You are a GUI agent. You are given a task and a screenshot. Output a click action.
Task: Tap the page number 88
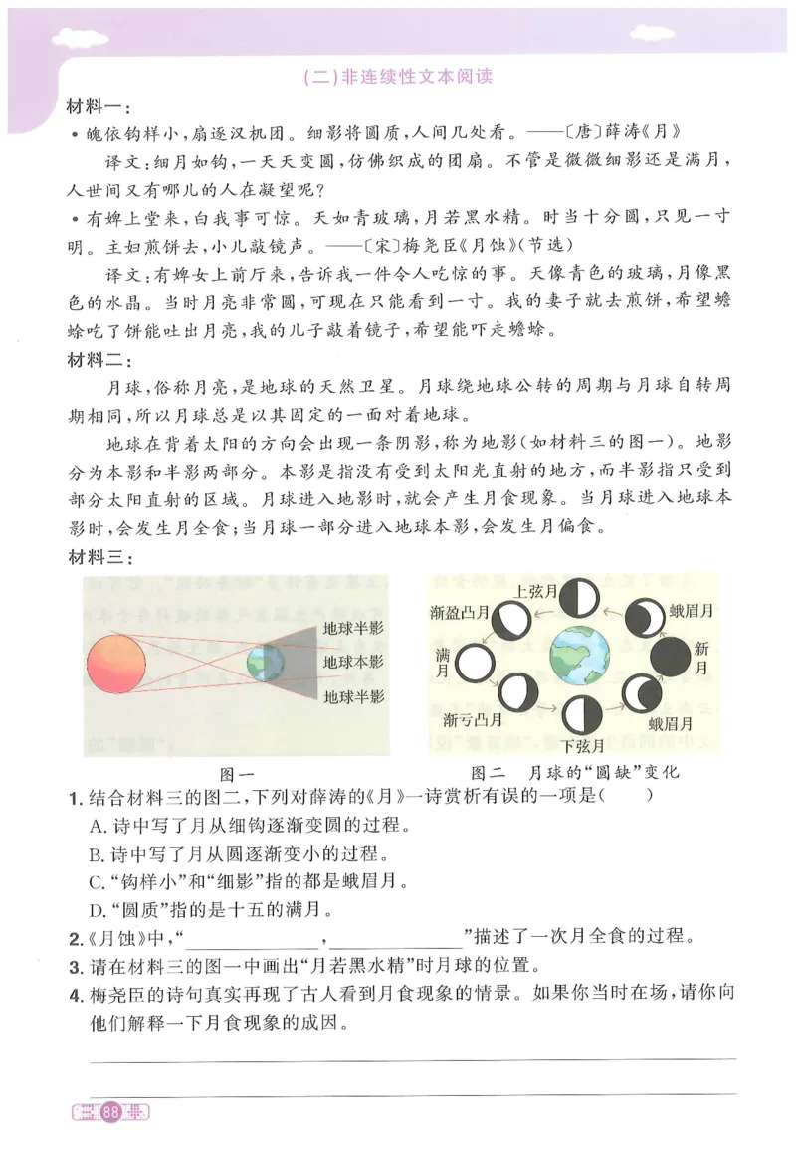tap(110, 1113)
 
